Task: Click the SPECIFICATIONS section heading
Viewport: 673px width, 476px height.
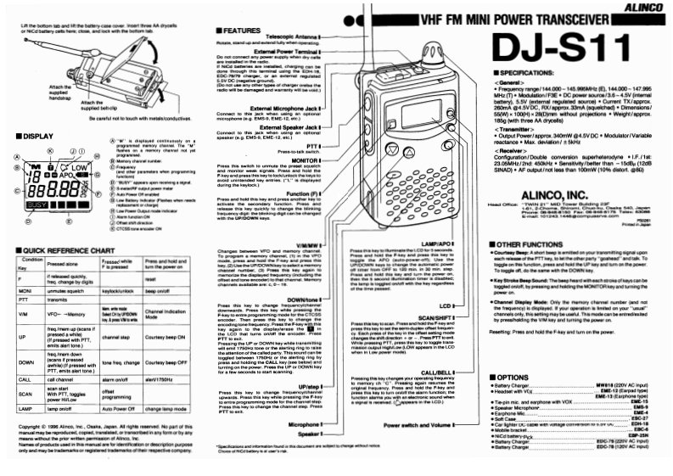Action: [x=527, y=75]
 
